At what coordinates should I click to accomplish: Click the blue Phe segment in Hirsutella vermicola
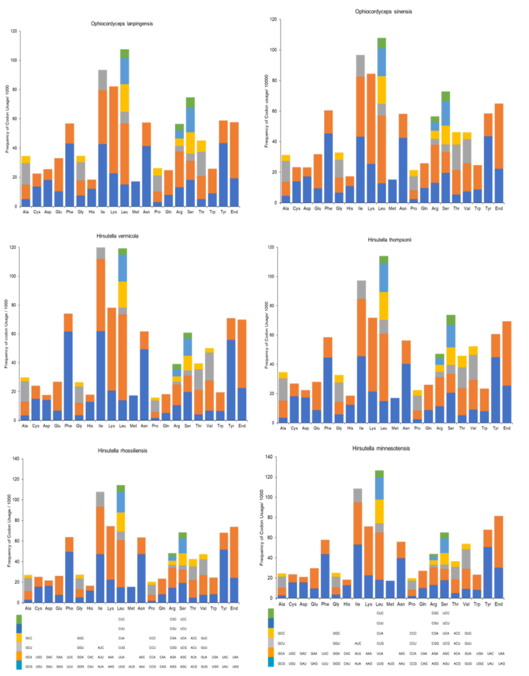click(x=68, y=375)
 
